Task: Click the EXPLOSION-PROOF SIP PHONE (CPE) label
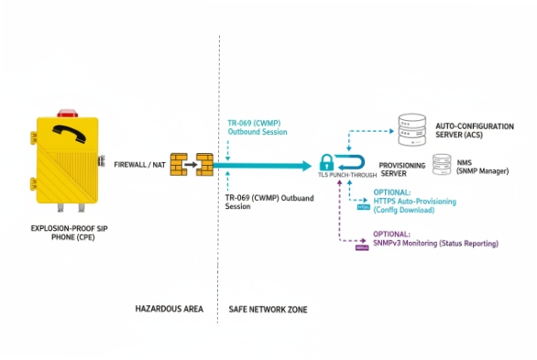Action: pos(65,231)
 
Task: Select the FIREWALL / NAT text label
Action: pos(139,166)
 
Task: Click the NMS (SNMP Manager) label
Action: pos(485,167)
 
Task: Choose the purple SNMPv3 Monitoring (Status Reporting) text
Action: pos(436,244)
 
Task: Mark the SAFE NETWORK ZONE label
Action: pos(268,310)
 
